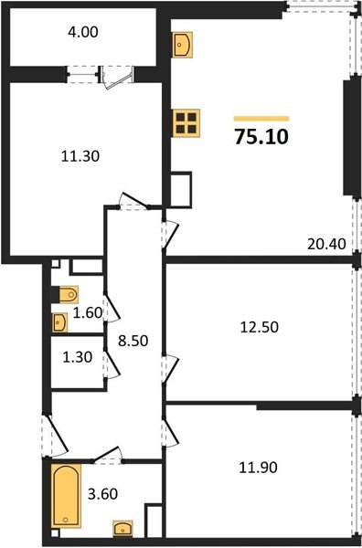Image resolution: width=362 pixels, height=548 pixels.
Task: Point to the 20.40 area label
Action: pos(325,244)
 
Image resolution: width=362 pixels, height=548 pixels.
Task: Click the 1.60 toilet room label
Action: pos(87,311)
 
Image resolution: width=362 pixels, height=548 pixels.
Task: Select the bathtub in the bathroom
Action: pos(66,495)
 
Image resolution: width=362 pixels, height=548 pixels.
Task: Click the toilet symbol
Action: pos(66,295)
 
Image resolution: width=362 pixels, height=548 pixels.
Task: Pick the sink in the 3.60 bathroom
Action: pos(120,527)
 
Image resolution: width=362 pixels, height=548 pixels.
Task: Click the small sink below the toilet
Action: pos(60,321)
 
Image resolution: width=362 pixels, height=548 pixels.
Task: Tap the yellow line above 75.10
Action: pos(261,118)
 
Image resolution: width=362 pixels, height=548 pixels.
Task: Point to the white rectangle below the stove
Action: pos(182,188)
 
